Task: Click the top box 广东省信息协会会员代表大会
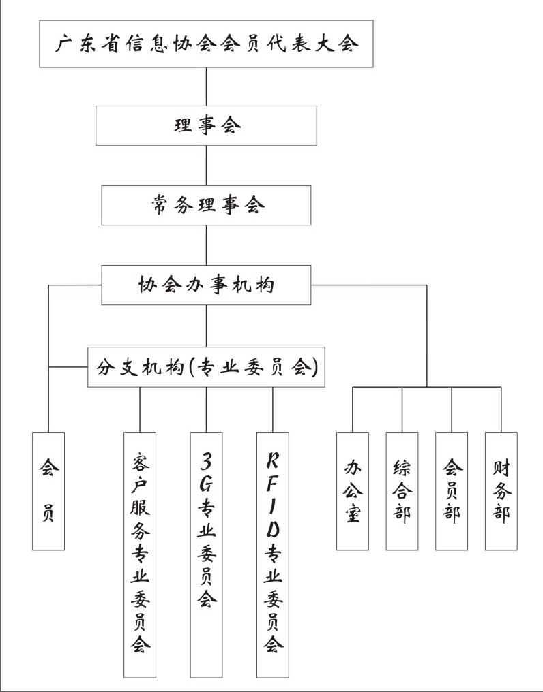pos(206,44)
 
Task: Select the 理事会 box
pos(206,126)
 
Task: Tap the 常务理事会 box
pos(206,205)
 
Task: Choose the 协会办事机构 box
pos(206,285)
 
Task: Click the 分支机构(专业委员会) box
pos(206,367)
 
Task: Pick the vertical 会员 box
pos(48,491)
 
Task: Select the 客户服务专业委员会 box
pos(140,554)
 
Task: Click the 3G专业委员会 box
pos(206,554)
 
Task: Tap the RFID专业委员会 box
pos(273,554)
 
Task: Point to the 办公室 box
pos(353,491)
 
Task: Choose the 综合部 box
pos(402,491)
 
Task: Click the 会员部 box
pos(452,491)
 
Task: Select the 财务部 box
pos(501,491)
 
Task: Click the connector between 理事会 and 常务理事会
pos(206,166)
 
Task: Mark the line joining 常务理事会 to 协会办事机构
pos(206,245)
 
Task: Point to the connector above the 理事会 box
pos(206,87)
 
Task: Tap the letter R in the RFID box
pos(273,460)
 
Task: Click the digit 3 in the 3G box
pos(206,460)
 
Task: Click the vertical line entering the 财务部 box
pos(501,409)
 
